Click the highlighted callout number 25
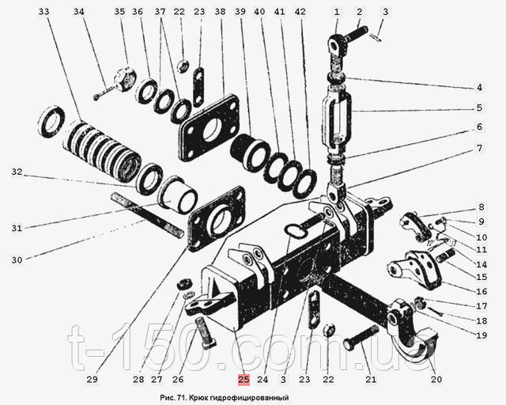(x=244, y=378)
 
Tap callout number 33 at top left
(x=43, y=12)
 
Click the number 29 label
(x=93, y=378)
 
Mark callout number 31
(x=17, y=229)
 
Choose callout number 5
(x=479, y=108)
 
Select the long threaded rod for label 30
(x=150, y=214)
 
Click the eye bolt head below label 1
(x=338, y=49)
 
